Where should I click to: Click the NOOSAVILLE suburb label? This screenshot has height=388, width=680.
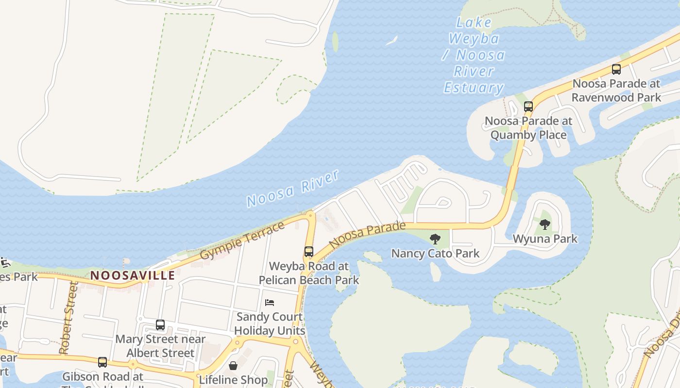(133, 275)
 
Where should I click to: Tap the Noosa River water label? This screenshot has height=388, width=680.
(292, 189)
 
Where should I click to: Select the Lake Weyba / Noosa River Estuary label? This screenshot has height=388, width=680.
(474, 55)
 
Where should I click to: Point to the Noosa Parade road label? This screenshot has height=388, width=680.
(367, 234)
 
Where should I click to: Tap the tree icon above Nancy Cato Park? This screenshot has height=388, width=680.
(435, 239)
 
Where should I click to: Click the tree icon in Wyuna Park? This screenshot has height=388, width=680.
(545, 224)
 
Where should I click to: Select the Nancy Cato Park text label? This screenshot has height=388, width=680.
(435, 253)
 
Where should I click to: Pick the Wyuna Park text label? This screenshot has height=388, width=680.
(545, 239)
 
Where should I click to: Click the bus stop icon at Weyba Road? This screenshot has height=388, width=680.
(309, 252)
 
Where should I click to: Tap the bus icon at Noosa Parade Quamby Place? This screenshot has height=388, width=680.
(528, 107)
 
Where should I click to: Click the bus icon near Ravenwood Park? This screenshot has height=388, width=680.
(616, 69)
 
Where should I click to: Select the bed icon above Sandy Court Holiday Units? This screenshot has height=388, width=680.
(270, 303)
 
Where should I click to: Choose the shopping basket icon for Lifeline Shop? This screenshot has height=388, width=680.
(233, 365)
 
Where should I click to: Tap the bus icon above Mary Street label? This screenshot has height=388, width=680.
(160, 325)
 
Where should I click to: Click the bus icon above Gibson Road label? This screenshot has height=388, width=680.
(102, 362)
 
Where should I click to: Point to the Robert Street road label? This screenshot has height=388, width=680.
(68, 318)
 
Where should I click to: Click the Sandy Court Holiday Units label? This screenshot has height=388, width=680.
(270, 323)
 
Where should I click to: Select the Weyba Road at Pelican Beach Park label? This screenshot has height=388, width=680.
(309, 273)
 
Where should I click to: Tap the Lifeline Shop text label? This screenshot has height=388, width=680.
(233, 380)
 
